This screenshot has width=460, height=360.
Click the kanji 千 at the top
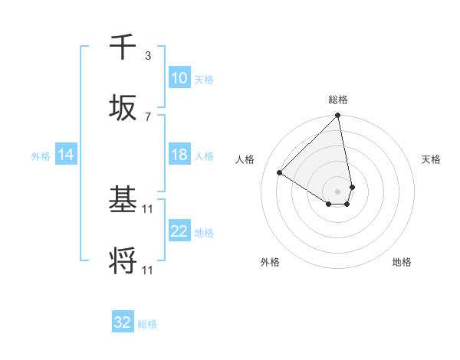[123, 47]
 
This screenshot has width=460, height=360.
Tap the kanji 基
[123, 201]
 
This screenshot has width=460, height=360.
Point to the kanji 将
[123, 262]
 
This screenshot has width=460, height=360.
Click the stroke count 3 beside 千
[147, 55]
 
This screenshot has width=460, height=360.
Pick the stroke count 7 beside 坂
[147, 116]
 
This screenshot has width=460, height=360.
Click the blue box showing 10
[179, 78]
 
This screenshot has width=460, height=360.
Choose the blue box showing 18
[179, 155]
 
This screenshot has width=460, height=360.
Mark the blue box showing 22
[179, 231]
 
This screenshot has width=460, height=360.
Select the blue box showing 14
[66, 155]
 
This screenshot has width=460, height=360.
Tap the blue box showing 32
[123, 322]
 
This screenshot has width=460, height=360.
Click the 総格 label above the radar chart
[338, 100]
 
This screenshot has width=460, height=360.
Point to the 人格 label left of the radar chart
[245, 159]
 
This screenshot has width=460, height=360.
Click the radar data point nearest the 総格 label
[338, 116]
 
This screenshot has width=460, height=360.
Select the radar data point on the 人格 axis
[280, 172]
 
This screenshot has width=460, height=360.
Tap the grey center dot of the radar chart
[338, 190]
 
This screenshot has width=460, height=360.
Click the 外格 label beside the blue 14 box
[41, 155]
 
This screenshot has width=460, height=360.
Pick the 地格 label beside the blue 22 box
[204, 232]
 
